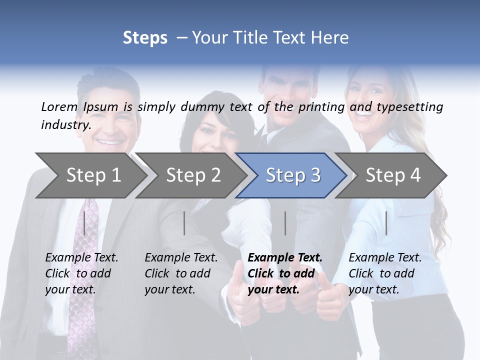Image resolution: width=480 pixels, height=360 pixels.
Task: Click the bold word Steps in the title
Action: pyautogui.click(x=145, y=37)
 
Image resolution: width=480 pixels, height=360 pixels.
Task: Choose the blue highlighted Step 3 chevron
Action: pyautogui.click(x=293, y=175)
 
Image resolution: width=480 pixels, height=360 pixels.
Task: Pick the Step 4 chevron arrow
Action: pyautogui.click(x=393, y=175)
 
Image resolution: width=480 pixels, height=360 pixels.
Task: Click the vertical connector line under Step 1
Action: pyautogui.click(x=84, y=223)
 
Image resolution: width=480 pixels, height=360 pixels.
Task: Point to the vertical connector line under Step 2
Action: pyautogui.click(x=184, y=223)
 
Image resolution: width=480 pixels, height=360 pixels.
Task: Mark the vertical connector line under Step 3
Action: pyautogui.click(x=285, y=223)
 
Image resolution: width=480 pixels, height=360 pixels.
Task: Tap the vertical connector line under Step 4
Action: pyautogui.click(x=386, y=223)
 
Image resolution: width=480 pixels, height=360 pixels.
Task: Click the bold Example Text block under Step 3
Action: pyautogui.click(x=285, y=273)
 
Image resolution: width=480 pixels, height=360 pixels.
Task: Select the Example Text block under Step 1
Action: pyautogui.click(x=81, y=273)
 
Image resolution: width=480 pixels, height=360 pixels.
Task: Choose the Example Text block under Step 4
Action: pyautogui.click(x=385, y=273)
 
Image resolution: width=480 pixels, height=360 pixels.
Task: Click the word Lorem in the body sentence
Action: pyautogui.click(x=59, y=106)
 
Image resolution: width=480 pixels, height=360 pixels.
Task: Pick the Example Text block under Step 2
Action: pyautogui.click(x=181, y=273)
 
